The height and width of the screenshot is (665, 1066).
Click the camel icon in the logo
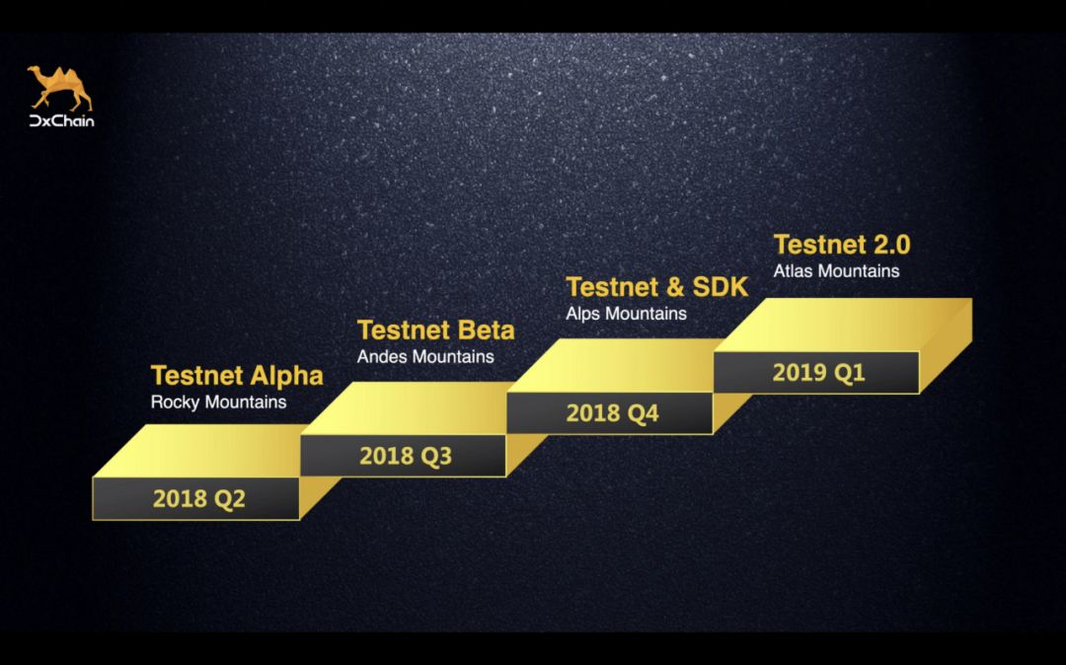pyautogui.click(x=60, y=88)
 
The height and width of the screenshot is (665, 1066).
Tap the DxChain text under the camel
pyautogui.click(x=62, y=121)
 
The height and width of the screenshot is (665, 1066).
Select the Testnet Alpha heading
pyautogui.click(x=237, y=376)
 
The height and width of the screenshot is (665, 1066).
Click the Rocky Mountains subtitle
pyautogui.click(x=218, y=403)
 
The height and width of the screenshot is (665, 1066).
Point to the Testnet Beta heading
pyautogui.click(x=436, y=331)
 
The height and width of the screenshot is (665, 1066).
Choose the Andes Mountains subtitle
pyautogui.click(x=425, y=356)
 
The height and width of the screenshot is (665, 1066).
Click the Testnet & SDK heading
pyautogui.click(x=656, y=287)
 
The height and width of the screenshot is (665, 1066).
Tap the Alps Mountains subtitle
pyautogui.click(x=626, y=314)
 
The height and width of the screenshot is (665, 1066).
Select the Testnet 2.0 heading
pyautogui.click(x=842, y=245)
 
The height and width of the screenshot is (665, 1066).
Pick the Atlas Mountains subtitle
pyautogui.click(x=836, y=271)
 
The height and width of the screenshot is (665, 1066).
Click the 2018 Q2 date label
pyautogui.click(x=198, y=499)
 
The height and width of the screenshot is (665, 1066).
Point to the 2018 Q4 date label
pyautogui.click(x=613, y=413)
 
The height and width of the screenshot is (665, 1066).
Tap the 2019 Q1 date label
pyautogui.click(x=818, y=373)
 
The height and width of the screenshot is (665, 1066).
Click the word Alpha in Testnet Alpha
pyautogui.click(x=286, y=376)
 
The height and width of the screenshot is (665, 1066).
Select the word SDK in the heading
pyautogui.click(x=720, y=287)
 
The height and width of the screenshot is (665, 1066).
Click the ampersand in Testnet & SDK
pyautogui.click(x=675, y=287)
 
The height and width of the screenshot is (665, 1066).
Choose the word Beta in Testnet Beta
pyautogui.click(x=486, y=331)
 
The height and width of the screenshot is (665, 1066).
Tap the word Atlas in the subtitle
pyautogui.click(x=794, y=271)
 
